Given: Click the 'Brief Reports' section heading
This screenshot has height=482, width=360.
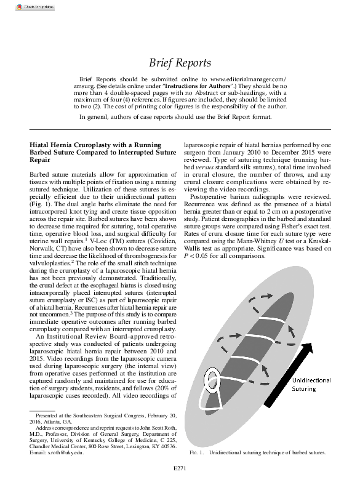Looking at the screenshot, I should click(180, 63).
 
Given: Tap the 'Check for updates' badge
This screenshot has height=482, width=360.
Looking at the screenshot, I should click(18, 6).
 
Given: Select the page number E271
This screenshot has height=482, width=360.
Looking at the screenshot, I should click(180, 475).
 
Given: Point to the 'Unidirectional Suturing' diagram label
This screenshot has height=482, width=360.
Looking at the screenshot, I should click(311, 385).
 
